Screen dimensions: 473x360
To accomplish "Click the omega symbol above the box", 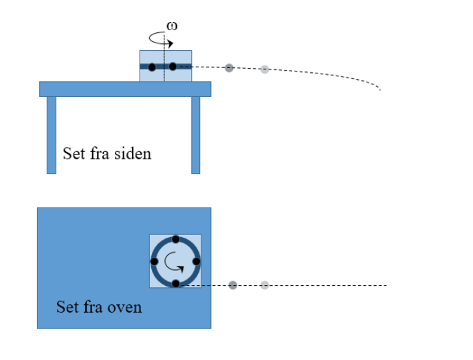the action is point(172,26).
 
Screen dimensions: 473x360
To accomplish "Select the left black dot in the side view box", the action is point(152,67).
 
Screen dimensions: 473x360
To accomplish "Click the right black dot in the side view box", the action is point(173,67).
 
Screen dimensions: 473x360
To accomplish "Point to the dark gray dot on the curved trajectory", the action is point(230,67).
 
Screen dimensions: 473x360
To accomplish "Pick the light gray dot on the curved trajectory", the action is point(265,69).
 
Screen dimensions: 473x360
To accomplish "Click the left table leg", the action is point(51,135).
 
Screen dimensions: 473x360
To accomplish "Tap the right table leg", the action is point(195,135).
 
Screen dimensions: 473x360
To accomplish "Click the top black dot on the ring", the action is point(175,239).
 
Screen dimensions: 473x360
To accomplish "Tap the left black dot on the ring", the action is point(154,261).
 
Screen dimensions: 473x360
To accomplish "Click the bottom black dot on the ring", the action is point(175,283).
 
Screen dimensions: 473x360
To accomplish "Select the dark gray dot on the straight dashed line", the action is point(233,284).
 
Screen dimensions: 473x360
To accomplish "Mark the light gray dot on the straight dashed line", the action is point(265,284).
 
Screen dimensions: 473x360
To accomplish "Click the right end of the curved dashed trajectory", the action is point(379,89).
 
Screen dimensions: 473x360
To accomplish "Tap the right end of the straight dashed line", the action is point(386,285).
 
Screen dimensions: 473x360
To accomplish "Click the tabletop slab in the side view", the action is point(124,89).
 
